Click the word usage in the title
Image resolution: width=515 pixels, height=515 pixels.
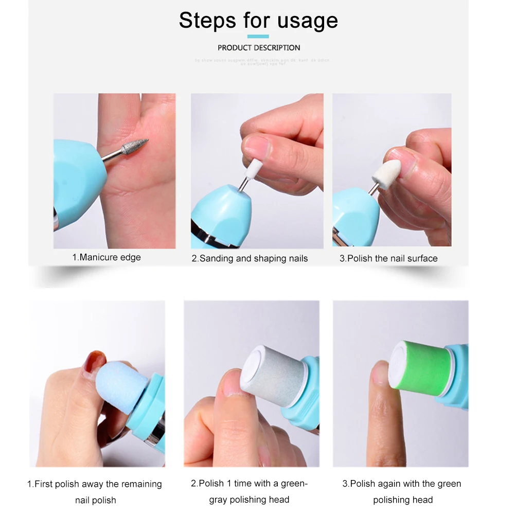pos(308,21)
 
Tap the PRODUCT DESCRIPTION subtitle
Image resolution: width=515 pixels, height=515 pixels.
pos(259,48)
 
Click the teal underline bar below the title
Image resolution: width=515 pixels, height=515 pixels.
pos(258,37)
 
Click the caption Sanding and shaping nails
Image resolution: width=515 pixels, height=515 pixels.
pos(250,258)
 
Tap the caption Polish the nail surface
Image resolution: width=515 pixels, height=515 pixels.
pos(388,258)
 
